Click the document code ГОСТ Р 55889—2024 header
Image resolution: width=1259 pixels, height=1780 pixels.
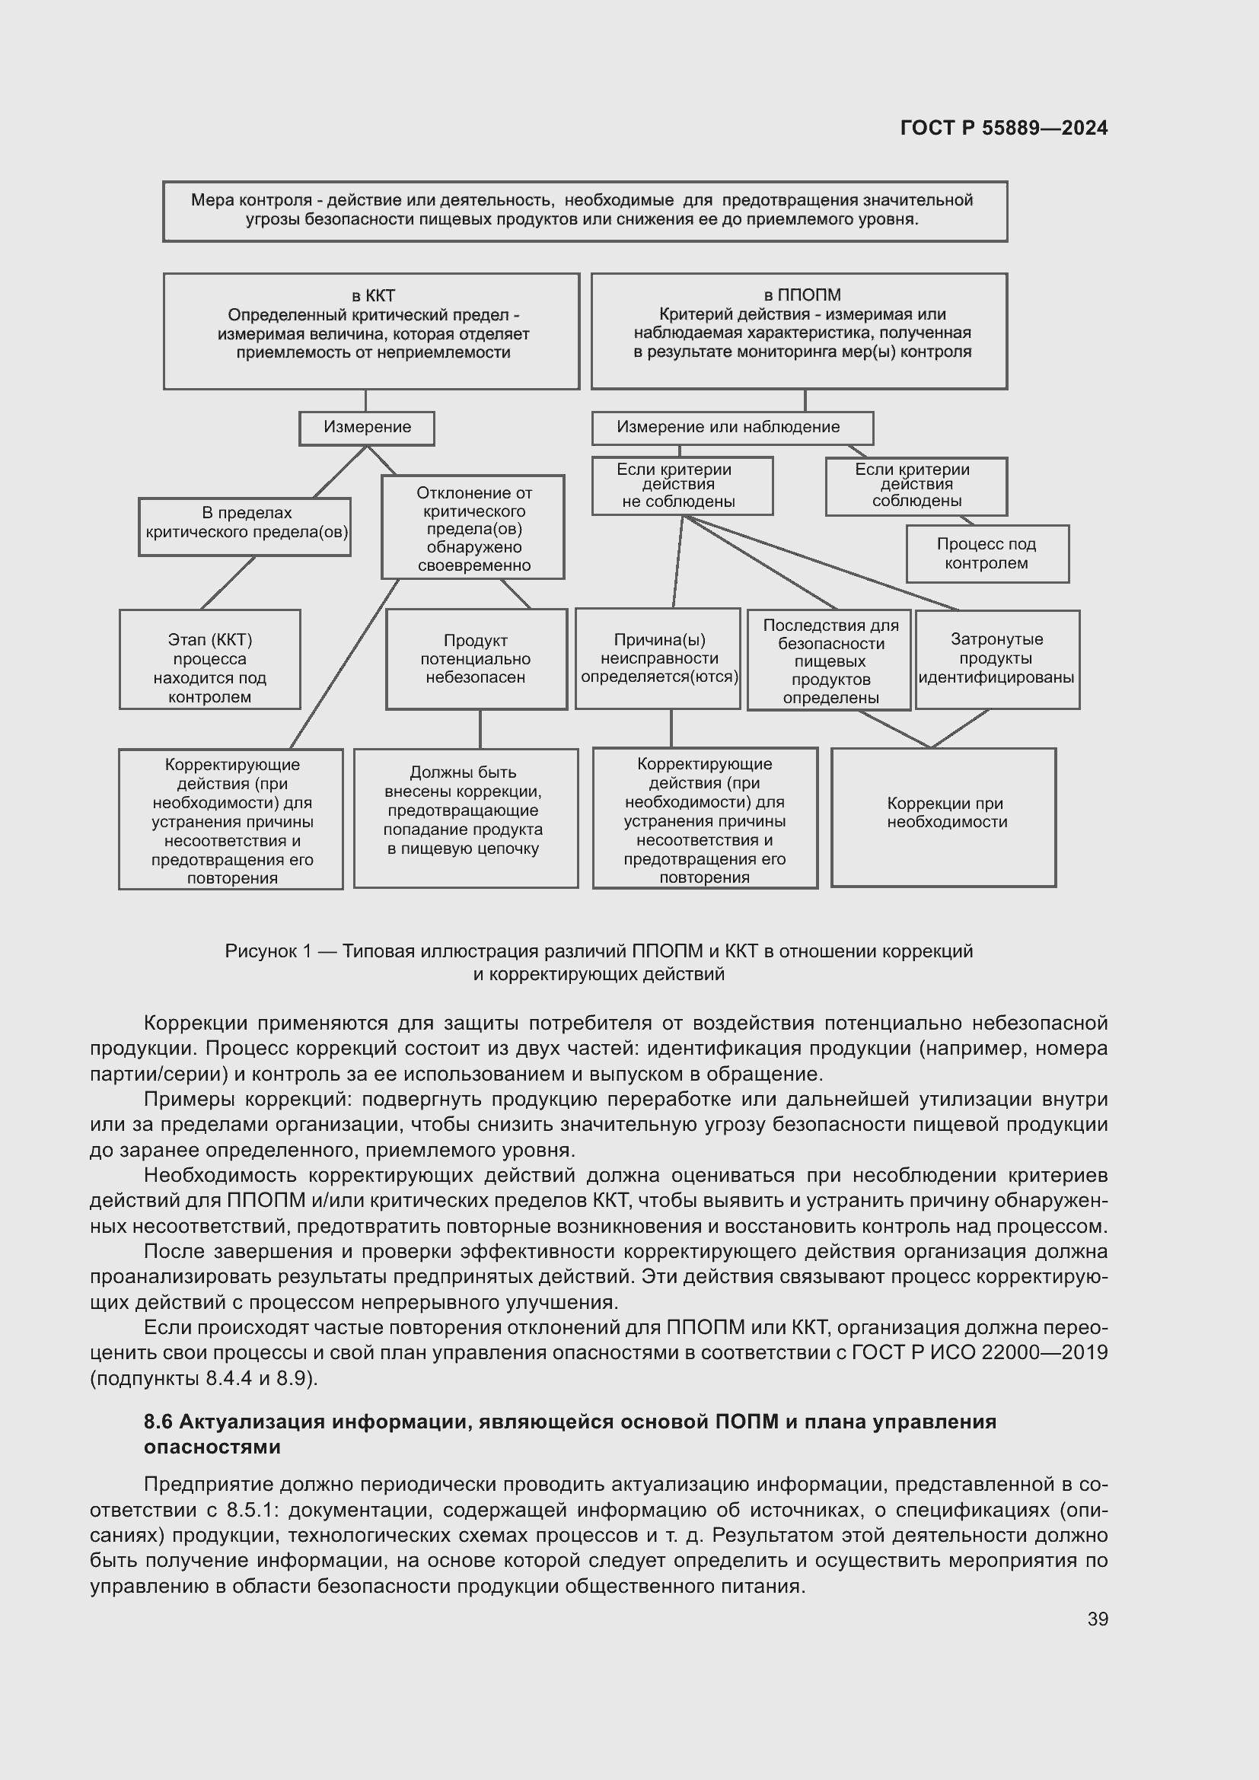pyautogui.click(x=1004, y=128)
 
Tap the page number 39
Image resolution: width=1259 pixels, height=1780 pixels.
pyautogui.click(x=1097, y=1619)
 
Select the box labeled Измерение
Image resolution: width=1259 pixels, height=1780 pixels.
pyautogui.click(x=367, y=428)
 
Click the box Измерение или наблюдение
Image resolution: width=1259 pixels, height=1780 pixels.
pyautogui.click(x=731, y=428)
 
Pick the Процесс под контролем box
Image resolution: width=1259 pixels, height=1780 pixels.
pyautogui.click(x=987, y=553)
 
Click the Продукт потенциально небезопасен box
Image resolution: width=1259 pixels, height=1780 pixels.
pyautogui.click(x=476, y=659)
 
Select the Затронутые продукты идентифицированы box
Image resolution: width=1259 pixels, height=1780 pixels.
pyautogui.click(x=997, y=659)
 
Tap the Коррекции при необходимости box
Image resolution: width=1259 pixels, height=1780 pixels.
pyautogui.click(x=943, y=817)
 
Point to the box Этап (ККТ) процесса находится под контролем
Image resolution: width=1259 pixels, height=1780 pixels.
pyautogui.click(x=209, y=659)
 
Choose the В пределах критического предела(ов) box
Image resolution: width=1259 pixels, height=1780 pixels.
pyautogui.click(x=245, y=527)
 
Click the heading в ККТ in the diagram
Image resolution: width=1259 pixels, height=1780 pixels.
pyautogui.click(x=373, y=295)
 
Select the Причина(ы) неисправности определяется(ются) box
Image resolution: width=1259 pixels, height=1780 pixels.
pyautogui.click(x=658, y=658)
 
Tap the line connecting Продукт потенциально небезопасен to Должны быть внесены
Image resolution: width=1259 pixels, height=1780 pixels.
pyautogui.click(x=480, y=729)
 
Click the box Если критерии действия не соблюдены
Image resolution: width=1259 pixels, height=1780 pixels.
pyautogui.click(x=682, y=486)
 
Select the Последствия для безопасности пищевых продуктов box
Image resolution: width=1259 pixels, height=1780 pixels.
pyautogui.click(x=829, y=660)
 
